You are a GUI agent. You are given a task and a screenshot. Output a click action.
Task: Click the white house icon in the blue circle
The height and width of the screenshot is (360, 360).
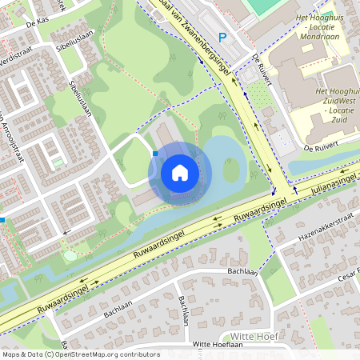point(180,172)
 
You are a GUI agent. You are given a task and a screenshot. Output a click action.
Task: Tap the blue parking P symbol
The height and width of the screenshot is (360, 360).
point(223,37)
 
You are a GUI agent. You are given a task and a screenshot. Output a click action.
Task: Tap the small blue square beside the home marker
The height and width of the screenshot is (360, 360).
point(154,153)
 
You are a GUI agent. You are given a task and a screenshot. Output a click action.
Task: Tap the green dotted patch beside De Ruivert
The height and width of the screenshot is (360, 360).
point(260,97)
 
